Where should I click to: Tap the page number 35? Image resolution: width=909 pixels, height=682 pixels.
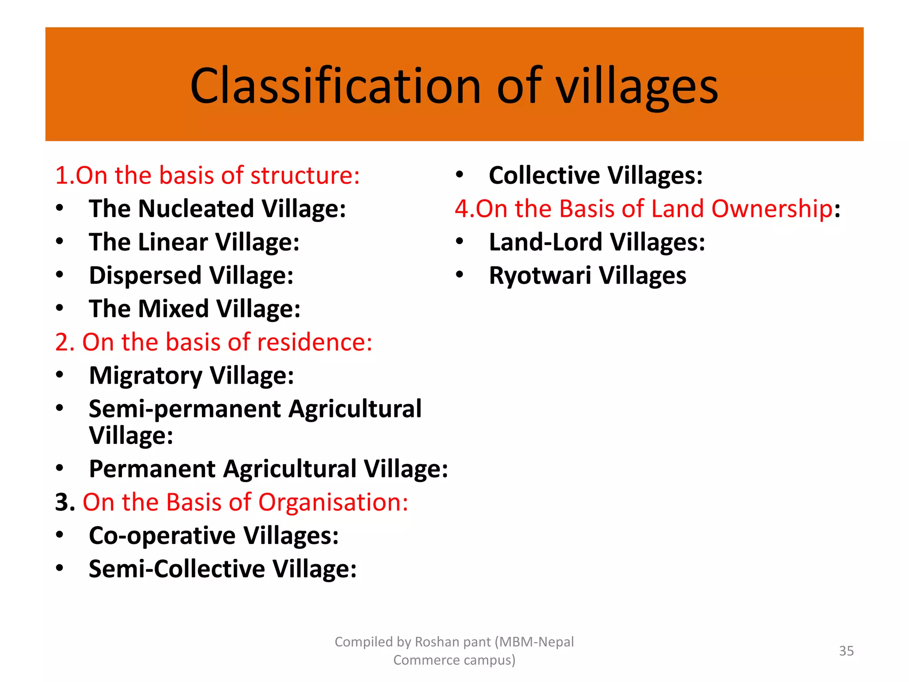click(846, 651)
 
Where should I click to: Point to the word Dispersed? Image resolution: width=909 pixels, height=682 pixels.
click(145, 275)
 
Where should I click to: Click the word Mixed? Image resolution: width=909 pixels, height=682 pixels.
click(173, 309)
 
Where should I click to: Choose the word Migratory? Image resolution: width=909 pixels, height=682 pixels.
click(146, 376)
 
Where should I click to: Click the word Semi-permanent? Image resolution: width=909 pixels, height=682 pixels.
click(185, 409)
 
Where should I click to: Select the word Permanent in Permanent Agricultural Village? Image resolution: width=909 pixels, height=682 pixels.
click(152, 469)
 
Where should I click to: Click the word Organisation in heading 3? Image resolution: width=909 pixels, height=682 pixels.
click(333, 502)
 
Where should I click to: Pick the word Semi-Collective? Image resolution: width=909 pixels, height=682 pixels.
click(177, 569)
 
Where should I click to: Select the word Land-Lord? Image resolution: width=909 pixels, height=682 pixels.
click(545, 242)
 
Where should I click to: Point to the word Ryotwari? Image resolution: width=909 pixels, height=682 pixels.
click(540, 275)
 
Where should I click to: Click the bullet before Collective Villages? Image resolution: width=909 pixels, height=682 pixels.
click(459, 174)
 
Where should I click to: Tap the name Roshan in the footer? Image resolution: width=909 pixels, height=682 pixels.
click(437, 642)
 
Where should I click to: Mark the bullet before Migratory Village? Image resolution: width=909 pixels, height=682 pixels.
click(59, 375)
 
